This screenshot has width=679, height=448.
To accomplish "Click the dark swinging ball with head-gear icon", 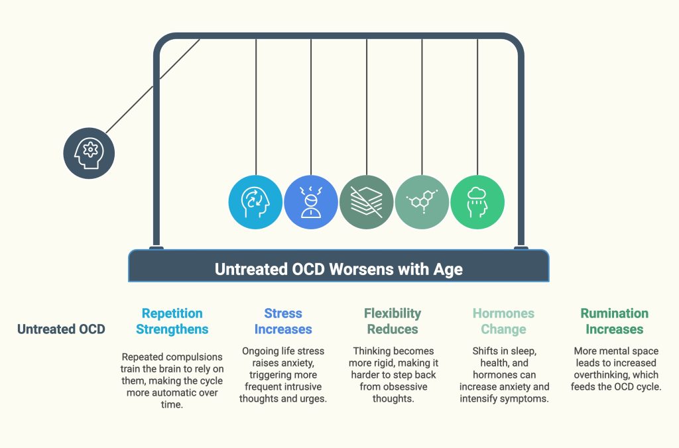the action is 89,153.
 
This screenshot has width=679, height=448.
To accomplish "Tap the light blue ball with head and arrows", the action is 255,202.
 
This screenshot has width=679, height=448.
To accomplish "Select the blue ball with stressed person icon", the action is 311,202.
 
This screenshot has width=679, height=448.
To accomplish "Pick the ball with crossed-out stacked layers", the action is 366,202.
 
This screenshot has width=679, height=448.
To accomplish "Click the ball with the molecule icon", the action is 422,202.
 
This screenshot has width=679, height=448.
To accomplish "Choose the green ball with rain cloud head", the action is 477,202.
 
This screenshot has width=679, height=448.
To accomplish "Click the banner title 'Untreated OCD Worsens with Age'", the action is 339,269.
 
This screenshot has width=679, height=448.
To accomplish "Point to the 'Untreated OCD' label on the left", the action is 61,329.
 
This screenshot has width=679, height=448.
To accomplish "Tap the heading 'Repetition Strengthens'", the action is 172,321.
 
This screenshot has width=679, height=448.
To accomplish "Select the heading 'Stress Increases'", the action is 283,321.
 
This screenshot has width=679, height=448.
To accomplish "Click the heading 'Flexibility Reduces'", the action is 393,321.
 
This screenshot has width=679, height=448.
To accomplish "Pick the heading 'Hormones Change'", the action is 504,321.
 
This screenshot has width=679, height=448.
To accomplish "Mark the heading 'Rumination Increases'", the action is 615,321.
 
